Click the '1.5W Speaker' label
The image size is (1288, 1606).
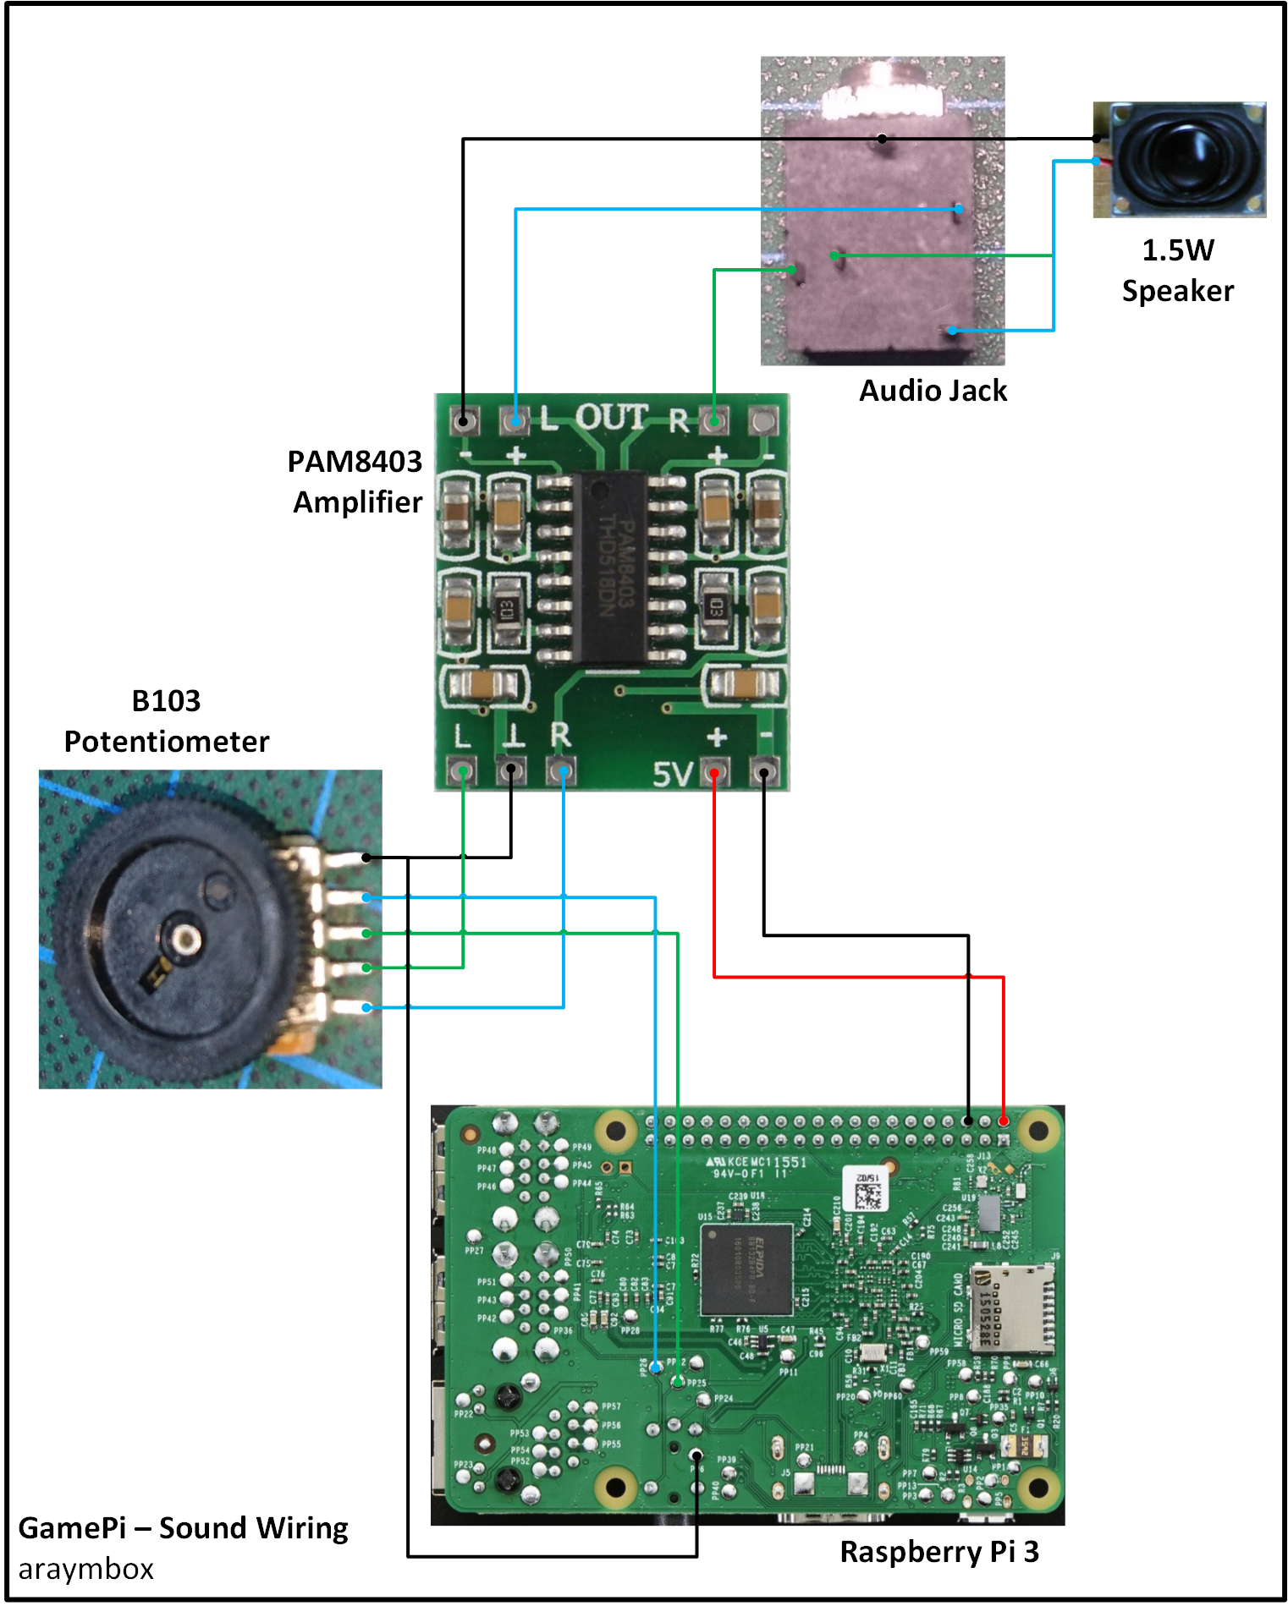(1177, 271)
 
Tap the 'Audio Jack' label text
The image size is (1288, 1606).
(933, 391)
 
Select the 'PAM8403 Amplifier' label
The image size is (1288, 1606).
(355, 481)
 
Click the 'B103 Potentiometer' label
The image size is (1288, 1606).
(167, 721)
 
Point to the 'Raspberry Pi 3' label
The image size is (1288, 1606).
(938, 1551)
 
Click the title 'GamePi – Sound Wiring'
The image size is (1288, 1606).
(183, 1527)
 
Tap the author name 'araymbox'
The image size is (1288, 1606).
(86, 1569)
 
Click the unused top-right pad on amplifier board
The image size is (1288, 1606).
(762, 419)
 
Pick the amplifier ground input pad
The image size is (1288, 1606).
(511, 770)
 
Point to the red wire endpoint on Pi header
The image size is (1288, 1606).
(1004, 1121)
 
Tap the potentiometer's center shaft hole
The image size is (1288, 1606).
(185, 938)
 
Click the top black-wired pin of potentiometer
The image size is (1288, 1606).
(366, 858)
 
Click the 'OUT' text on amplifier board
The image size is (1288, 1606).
(611, 418)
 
